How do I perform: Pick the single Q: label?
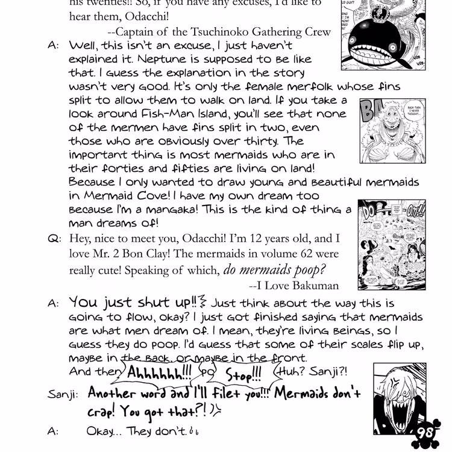pos(54,238)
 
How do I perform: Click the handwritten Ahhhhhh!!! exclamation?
pos(157,372)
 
